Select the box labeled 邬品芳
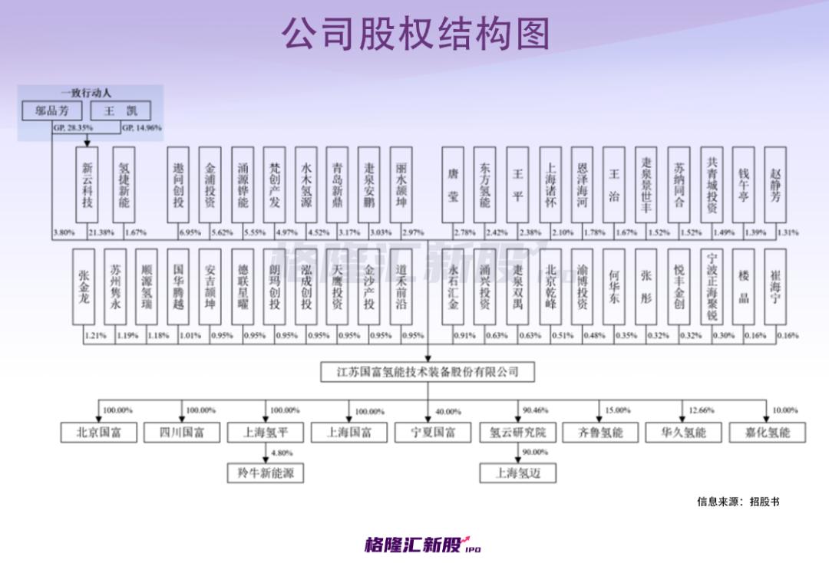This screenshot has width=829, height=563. tap(52, 110)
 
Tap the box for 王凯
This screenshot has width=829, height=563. tap(121, 110)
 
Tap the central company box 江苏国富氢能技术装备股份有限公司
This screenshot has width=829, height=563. tap(428, 372)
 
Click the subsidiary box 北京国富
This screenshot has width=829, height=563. tap(98, 432)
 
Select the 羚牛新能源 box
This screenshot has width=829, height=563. tap(265, 472)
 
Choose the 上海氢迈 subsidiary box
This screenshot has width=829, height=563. tap(517, 472)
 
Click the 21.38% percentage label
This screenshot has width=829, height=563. tap(101, 232)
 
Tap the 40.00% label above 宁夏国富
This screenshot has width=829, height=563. tap(448, 412)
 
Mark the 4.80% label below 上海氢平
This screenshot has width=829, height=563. tap(282, 453)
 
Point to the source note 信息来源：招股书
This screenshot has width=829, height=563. tap(738, 502)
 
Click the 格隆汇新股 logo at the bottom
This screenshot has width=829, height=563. tap(422, 545)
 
